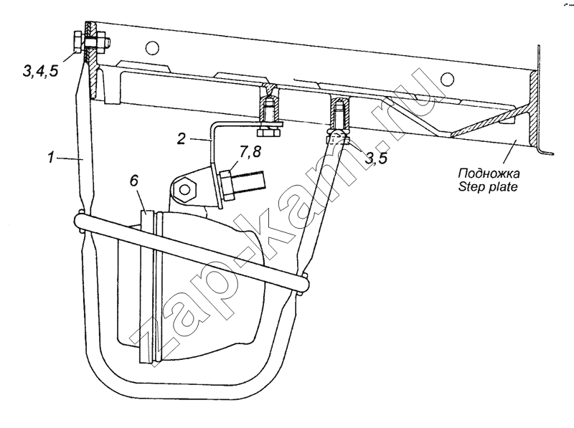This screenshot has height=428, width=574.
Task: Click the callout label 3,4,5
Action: click(x=40, y=70)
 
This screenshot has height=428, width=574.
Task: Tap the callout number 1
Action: click(x=51, y=158)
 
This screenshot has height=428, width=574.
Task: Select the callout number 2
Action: click(x=182, y=138)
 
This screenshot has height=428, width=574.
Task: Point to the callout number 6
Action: click(x=134, y=181)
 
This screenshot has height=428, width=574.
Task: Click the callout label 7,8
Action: click(x=250, y=151)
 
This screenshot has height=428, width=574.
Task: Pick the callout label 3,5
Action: click(x=376, y=158)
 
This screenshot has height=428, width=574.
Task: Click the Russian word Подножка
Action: click(x=489, y=173)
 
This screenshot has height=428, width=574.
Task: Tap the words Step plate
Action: click(x=488, y=186)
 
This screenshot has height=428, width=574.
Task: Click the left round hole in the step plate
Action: click(x=152, y=47)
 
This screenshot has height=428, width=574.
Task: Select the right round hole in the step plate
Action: click(x=447, y=79)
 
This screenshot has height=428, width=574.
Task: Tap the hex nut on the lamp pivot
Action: click(x=185, y=189)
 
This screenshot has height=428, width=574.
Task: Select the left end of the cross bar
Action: click(x=79, y=221)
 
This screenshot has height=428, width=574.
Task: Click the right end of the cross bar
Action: click(x=304, y=283)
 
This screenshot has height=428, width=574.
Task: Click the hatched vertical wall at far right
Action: click(x=533, y=109)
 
